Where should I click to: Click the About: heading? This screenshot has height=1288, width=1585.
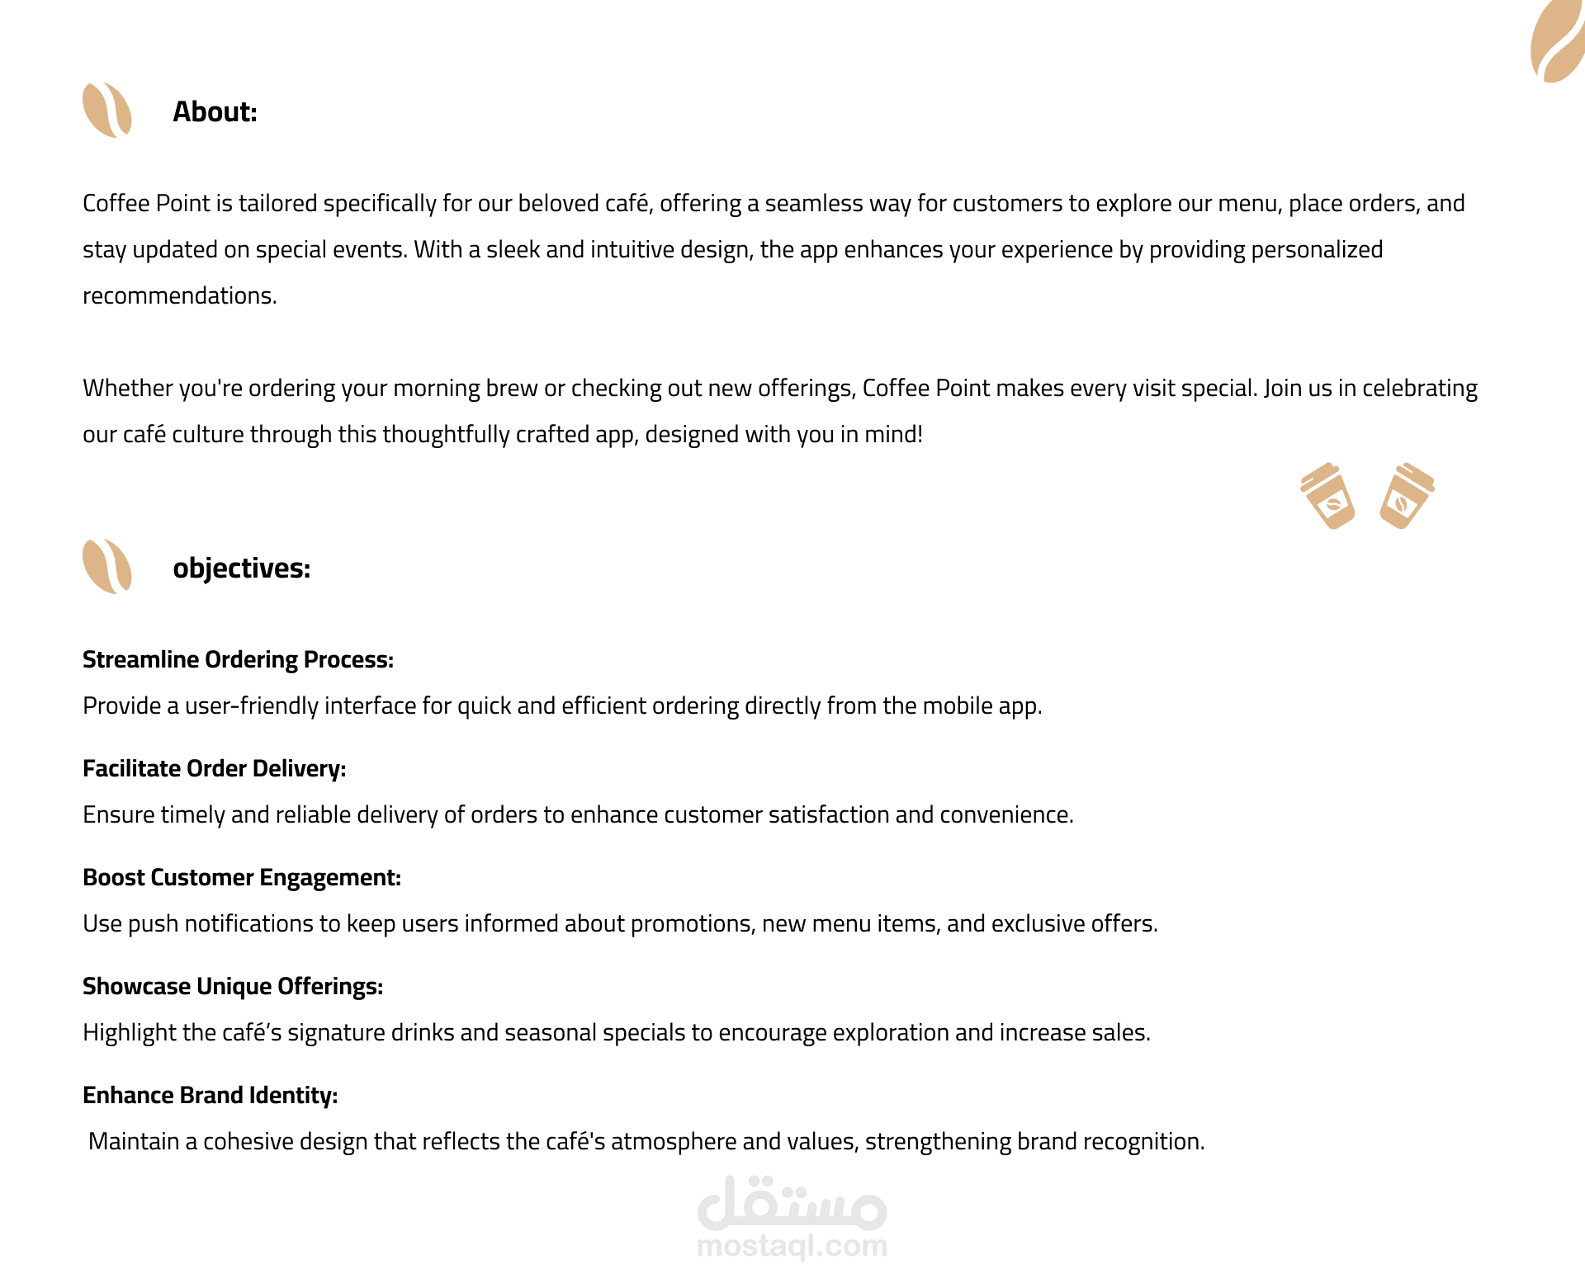click(215, 112)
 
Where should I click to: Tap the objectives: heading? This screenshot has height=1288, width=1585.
click(241, 569)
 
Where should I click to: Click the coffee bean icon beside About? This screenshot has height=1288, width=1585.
click(107, 110)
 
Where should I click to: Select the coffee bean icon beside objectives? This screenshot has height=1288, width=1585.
click(107, 566)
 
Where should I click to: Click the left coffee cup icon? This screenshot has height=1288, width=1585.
click(1328, 496)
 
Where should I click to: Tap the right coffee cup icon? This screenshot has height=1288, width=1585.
click(1406, 496)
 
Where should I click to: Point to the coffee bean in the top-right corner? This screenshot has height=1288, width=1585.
click(1558, 41)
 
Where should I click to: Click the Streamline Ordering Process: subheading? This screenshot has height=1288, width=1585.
click(238, 660)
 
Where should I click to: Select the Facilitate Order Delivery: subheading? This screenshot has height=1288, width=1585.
click(214, 769)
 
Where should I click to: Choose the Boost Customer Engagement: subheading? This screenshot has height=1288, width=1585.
click(241, 878)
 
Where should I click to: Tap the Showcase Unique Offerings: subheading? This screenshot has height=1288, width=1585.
click(232, 987)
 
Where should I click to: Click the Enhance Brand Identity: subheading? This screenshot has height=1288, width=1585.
click(210, 1096)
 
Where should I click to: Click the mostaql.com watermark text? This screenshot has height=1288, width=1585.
click(792, 1246)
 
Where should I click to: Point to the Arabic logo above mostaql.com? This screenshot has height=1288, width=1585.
click(792, 1203)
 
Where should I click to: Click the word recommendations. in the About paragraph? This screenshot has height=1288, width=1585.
click(179, 296)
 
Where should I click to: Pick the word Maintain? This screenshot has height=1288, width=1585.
click(134, 1142)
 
